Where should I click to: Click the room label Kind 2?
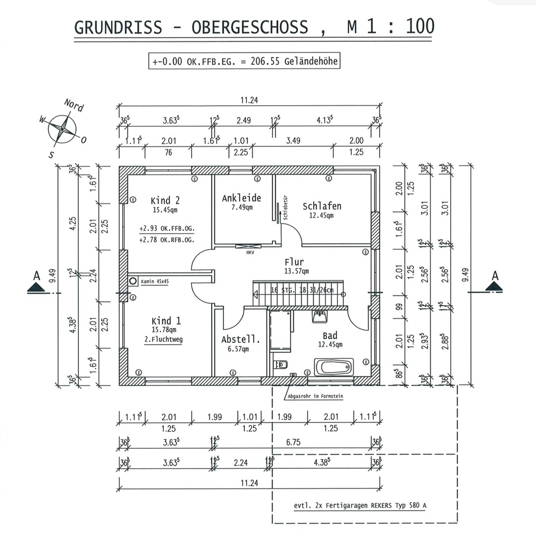click(165, 201)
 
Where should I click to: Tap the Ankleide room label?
click(241, 198)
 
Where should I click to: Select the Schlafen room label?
click(322, 206)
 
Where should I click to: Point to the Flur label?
click(294, 262)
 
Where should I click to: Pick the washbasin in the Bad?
click(320, 316)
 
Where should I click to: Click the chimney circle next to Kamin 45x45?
click(133, 281)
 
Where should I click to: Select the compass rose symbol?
click(63, 128)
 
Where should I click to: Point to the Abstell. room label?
click(241, 340)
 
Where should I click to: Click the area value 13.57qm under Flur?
click(296, 271)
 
